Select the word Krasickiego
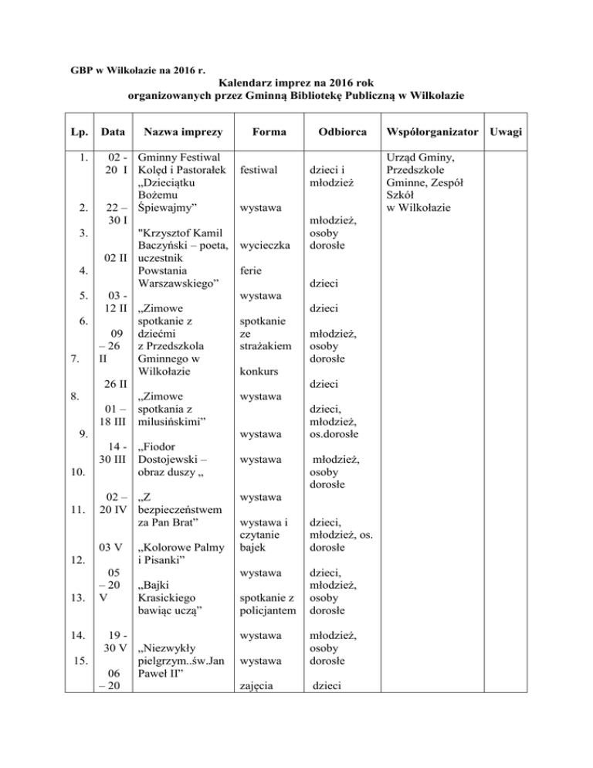169,597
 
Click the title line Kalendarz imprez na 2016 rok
296,82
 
